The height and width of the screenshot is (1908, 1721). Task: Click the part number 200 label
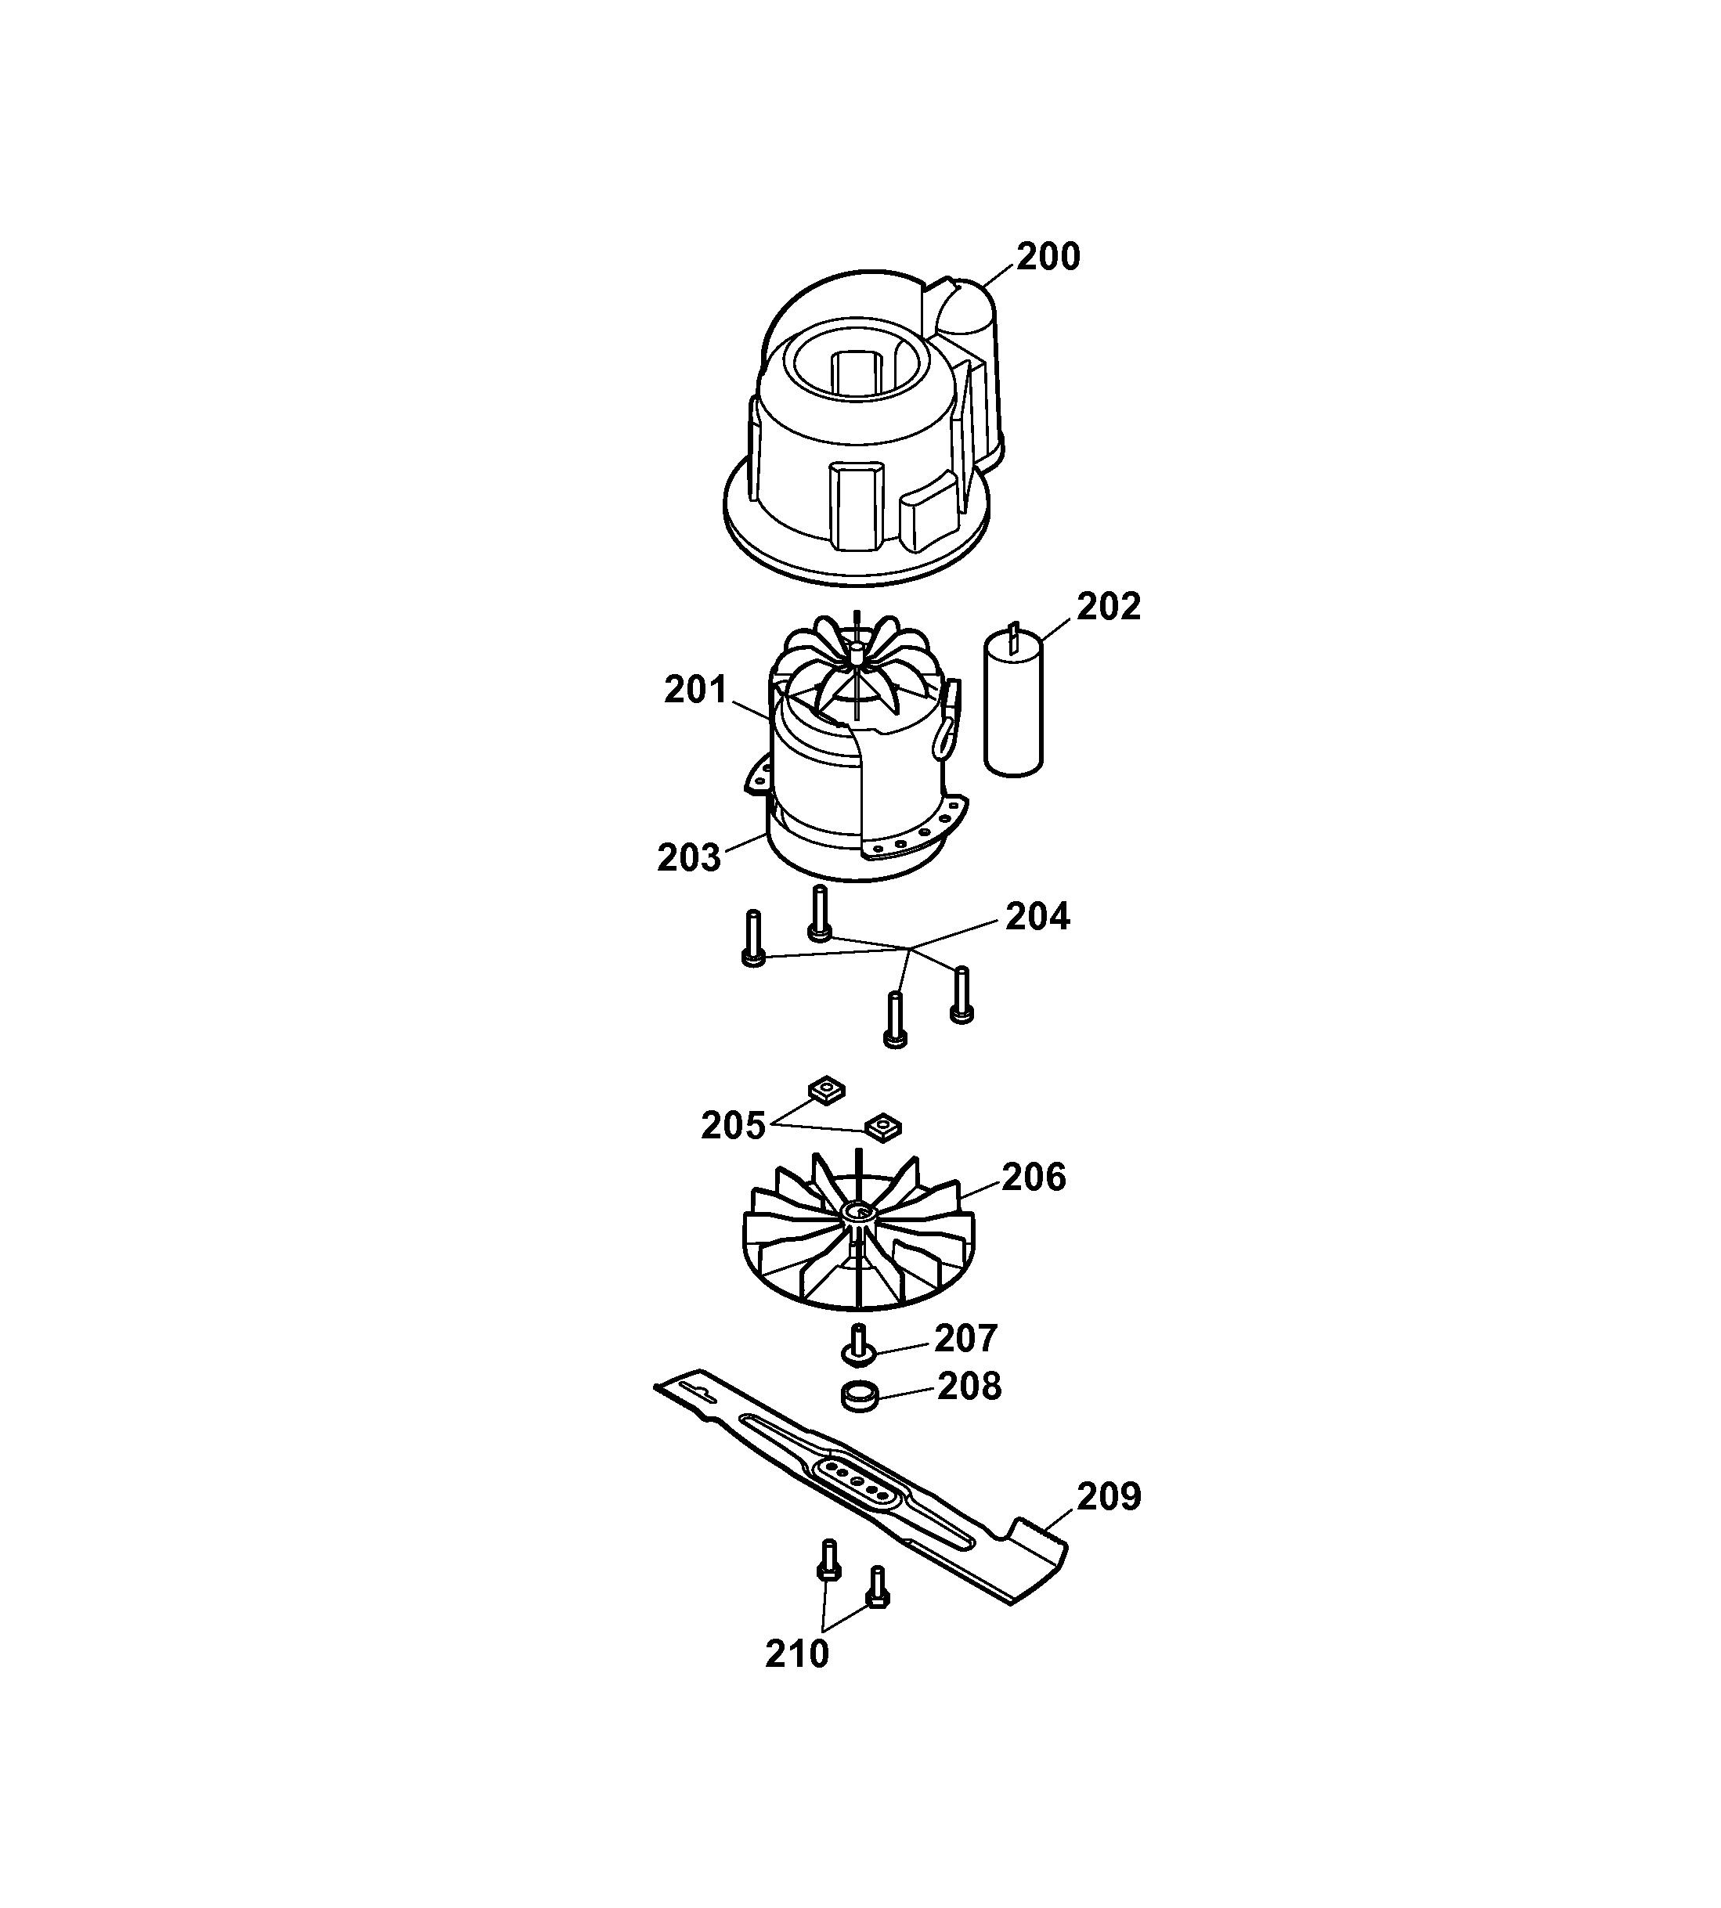[1048, 256]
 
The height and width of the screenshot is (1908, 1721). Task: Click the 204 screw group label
[1037, 916]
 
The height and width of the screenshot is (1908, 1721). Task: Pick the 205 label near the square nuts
[733, 1126]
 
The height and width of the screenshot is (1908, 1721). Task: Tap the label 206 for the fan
[1034, 1178]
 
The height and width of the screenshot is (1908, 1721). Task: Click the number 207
[965, 1338]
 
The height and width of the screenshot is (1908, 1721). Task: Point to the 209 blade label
[1109, 1497]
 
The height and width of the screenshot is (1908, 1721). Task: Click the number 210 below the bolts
[797, 1654]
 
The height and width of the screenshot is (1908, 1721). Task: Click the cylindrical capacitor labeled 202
[1014, 701]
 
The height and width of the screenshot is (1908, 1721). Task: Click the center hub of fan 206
[860, 1212]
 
